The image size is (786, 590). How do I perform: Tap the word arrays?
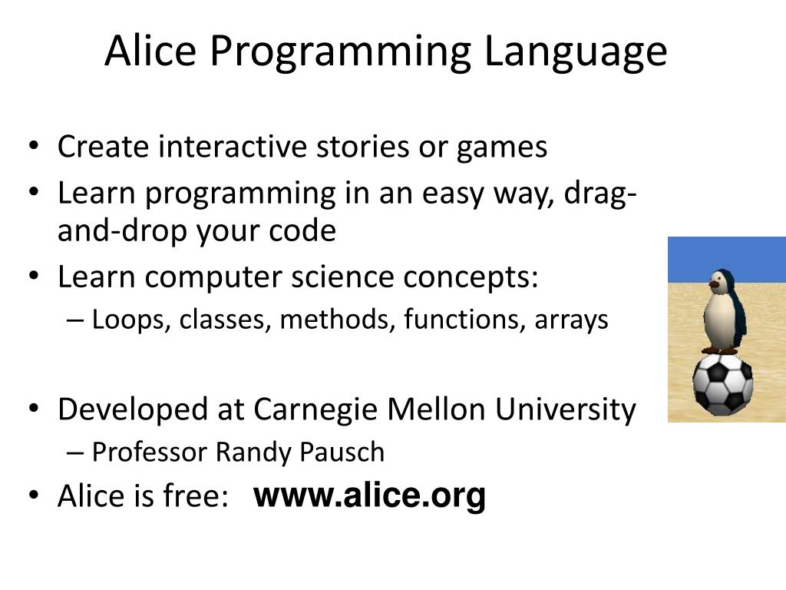point(572,320)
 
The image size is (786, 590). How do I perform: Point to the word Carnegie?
point(315,410)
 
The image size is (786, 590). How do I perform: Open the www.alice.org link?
point(369,496)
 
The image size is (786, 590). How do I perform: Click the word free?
point(195,496)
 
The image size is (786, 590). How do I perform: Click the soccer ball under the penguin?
point(722,382)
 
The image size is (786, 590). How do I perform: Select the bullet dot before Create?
point(35,147)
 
